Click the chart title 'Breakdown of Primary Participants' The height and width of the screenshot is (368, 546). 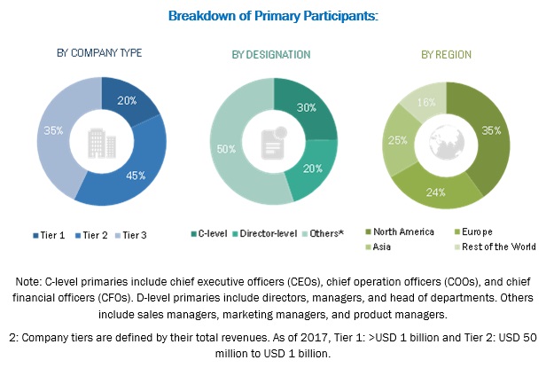[272, 16]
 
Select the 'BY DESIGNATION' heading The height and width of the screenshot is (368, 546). [271, 54]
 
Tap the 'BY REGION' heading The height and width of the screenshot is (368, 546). [446, 54]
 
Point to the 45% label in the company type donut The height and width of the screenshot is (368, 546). [136, 175]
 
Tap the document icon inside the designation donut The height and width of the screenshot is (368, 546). [271, 139]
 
